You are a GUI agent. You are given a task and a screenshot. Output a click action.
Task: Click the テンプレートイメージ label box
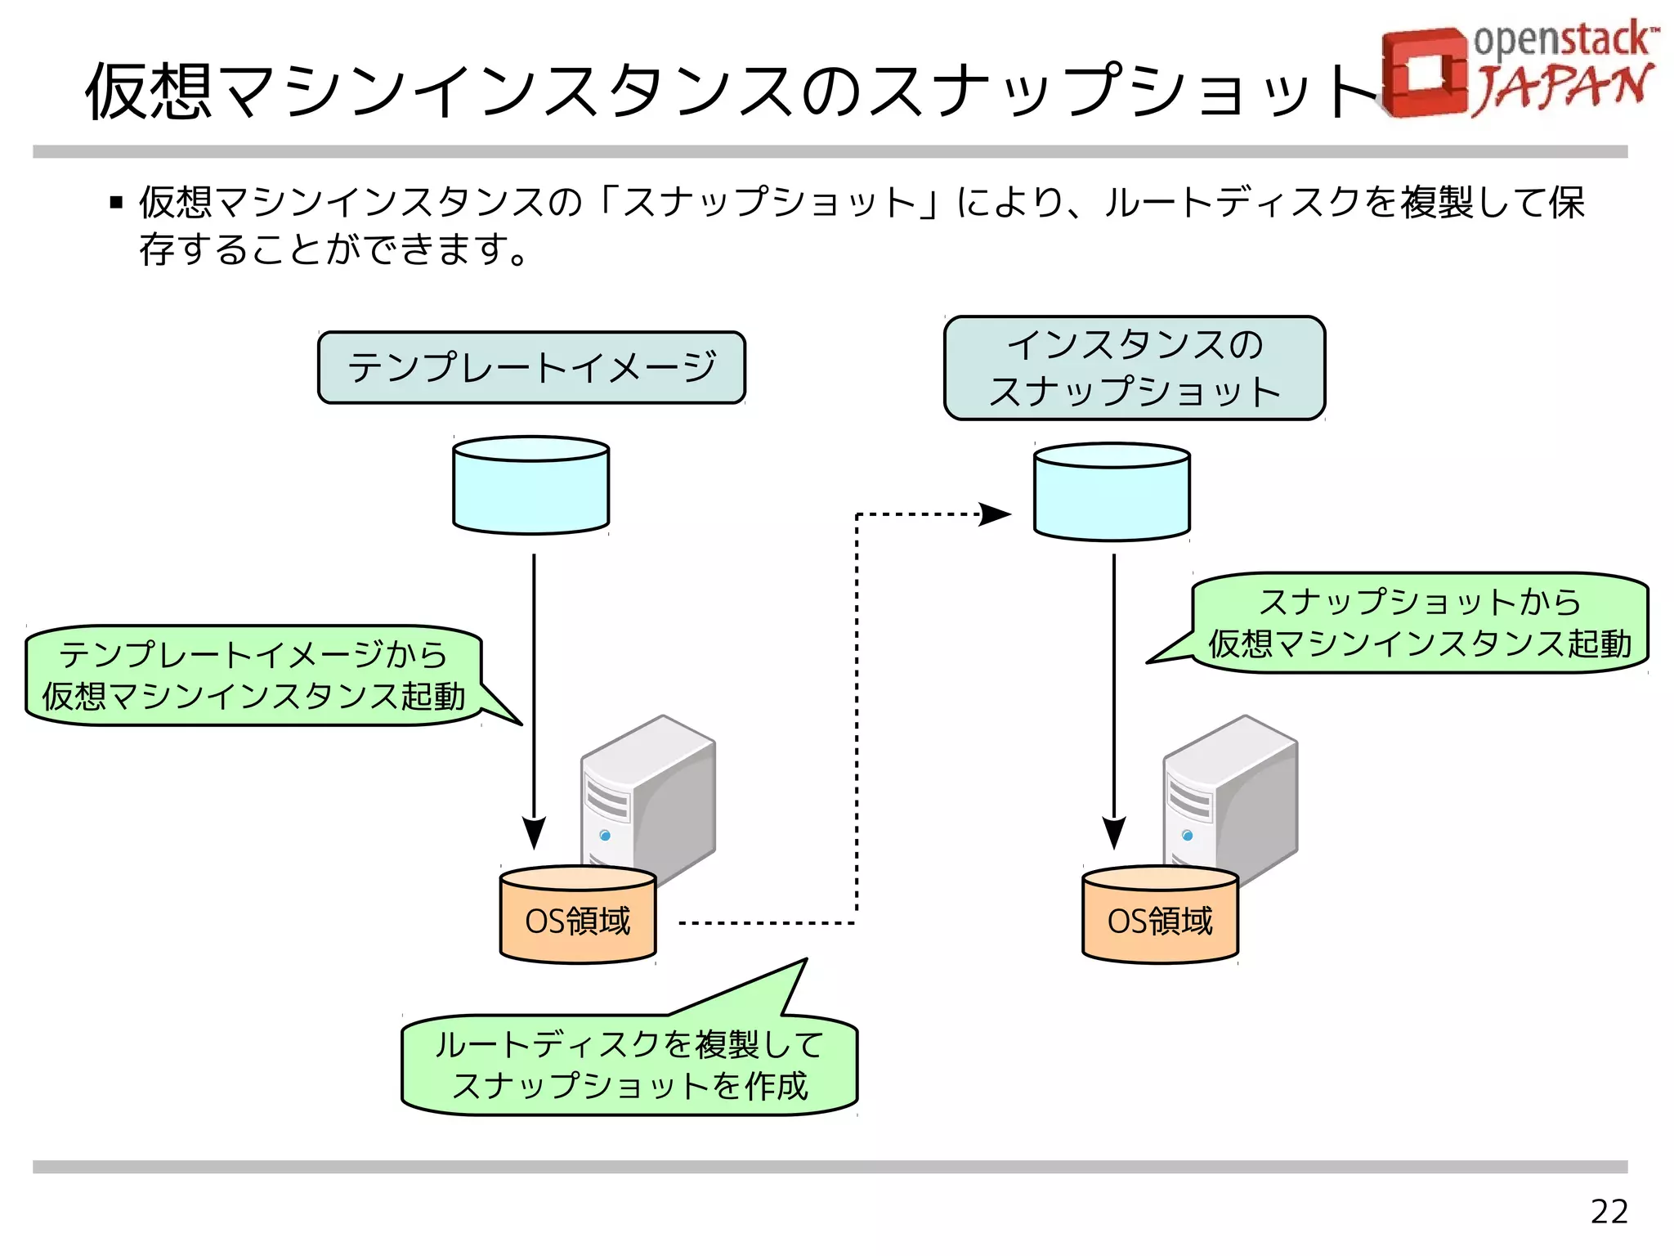[531, 367]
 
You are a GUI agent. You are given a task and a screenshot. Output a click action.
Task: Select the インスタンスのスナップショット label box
[1134, 368]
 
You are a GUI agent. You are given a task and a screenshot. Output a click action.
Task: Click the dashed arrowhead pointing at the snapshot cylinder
[996, 514]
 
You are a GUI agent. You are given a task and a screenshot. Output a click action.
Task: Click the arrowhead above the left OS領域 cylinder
[534, 832]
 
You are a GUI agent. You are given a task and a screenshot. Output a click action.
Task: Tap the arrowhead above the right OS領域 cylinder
[1113, 832]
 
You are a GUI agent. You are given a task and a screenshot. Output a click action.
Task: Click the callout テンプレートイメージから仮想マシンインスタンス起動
[253, 675]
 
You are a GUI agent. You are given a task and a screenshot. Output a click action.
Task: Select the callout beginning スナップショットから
[1420, 623]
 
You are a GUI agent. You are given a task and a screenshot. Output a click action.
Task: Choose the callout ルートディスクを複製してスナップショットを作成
[629, 1065]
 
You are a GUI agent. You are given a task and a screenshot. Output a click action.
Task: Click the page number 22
[1609, 1211]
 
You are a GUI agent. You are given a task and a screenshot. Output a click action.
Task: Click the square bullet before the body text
[116, 203]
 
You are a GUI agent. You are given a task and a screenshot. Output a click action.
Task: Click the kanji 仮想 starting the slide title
[149, 92]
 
